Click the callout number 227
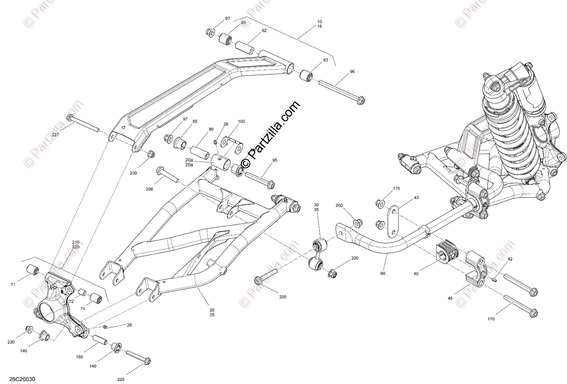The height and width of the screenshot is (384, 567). pos(55,135)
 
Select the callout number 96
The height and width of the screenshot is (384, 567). pos(352,72)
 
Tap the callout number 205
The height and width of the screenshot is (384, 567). pos(283,297)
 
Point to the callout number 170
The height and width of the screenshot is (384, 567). pos(491,319)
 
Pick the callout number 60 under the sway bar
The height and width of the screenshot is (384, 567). pos(383,273)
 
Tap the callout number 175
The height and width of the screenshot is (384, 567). pos(396,189)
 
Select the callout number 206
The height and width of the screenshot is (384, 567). pos(149,189)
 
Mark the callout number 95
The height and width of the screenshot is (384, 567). pos(275,161)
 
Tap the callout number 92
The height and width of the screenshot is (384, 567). pos(264,31)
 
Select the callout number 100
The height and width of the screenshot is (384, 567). pos(241,122)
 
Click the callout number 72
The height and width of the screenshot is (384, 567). pos(71,301)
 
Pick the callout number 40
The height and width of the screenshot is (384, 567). pos(416,273)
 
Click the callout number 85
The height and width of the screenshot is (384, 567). pos(195,122)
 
